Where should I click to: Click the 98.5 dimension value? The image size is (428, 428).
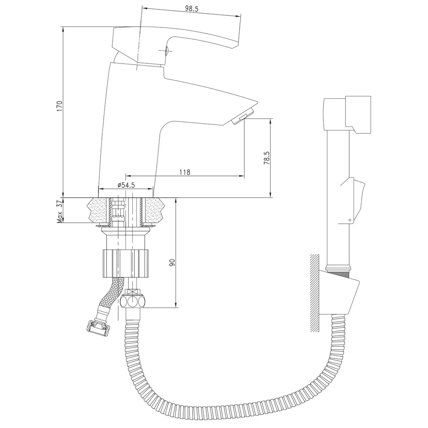pos(191,9)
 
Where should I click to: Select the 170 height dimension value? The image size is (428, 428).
pos(60,106)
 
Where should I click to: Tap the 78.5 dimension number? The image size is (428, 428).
pos(267,158)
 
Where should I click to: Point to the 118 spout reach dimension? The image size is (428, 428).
pos(185,172)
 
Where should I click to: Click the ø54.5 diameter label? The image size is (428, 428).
pos(126,185)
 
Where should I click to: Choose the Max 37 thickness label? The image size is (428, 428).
pos(60,211)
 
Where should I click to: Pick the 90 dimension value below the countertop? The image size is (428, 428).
pos(172,263)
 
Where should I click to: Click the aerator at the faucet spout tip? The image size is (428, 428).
pos(242,116)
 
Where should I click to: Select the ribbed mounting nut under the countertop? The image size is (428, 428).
pos(126,263)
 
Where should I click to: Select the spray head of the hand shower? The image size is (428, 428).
pos(347,115)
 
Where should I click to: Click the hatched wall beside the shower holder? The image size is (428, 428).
pos(315,293)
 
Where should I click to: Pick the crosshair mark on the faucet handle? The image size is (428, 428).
pos(166,50)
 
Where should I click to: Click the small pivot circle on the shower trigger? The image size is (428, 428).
pos(350,220)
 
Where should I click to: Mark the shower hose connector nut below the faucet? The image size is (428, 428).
pos(134,301)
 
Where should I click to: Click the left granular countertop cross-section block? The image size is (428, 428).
pos(98,210)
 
